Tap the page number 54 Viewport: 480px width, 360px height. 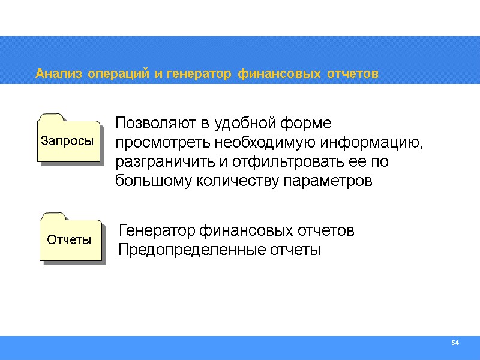coord(455,343)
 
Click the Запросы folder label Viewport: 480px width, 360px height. coord(67,141)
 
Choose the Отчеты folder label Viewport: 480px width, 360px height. coord(69,240)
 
